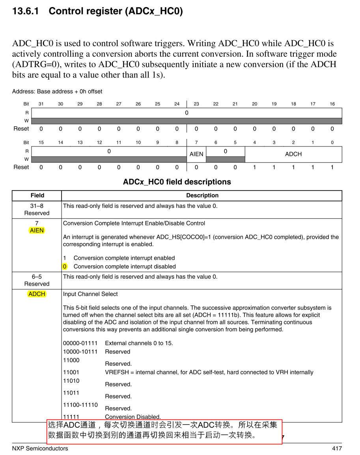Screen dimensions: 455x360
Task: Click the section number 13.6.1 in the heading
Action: tap(26, 11)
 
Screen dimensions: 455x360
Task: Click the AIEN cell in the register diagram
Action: tap(196, 154)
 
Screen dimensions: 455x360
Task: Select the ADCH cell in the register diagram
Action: tap(293, 154)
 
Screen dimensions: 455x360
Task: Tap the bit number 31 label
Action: tap(41, 104)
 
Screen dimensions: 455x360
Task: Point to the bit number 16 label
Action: tap(332, 104)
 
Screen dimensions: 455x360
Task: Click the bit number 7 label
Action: tap(196, 142)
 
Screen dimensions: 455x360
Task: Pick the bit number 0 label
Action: tap(332, 142)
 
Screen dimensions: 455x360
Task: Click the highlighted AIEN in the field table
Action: tap(37, 230)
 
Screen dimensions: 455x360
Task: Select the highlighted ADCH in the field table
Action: tap(37, 294)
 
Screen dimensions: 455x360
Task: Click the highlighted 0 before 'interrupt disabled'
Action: tap(65, 266)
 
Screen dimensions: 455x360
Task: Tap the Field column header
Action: tap(37, 195)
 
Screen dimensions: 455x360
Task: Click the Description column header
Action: tap(202, 195)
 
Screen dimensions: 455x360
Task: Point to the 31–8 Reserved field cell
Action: tap(37, 210)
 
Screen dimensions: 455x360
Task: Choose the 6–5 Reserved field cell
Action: tap(37, 280)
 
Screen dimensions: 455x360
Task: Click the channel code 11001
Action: tap(71, 372)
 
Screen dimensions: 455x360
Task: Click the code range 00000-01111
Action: tap(80, 343)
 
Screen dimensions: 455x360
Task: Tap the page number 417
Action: tap(337, 448)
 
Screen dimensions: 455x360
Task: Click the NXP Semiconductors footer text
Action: tap(40, 448)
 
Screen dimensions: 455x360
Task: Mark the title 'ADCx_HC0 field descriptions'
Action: tap(177, 182)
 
